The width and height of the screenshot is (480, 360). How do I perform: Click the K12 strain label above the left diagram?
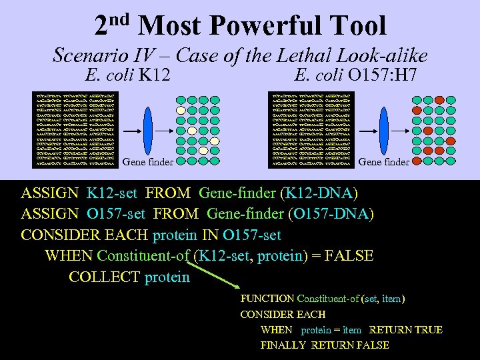click(x=154, y=75)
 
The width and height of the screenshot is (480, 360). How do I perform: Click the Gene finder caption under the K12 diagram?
click(x=149, y=162)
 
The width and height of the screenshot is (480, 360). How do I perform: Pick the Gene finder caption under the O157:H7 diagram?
click(x=383, y=162)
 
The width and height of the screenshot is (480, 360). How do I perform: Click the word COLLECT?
click(x=103, y=277)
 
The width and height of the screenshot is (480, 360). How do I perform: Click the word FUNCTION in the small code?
click(x=267, y=299)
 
